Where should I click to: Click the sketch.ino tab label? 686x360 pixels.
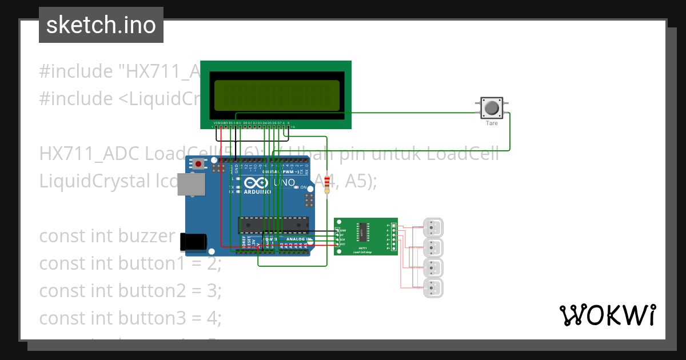(x=101, y=25)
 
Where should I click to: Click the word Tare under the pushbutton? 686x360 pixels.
(x=492, y=123)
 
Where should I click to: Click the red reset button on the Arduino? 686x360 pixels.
(x=198, y=164)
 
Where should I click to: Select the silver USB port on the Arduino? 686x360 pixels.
(x=191, y=185)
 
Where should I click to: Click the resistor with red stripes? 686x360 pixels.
(x=327, y=185)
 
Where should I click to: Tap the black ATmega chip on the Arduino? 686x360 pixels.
(x=273, y=225)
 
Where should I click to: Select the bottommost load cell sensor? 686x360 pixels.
(x=433, y=288)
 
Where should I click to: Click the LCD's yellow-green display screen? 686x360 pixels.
(x=276, y=95)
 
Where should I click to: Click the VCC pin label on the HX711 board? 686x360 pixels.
(x=342, y=245)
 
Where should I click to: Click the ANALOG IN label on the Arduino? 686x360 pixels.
(x=299, y=239)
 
